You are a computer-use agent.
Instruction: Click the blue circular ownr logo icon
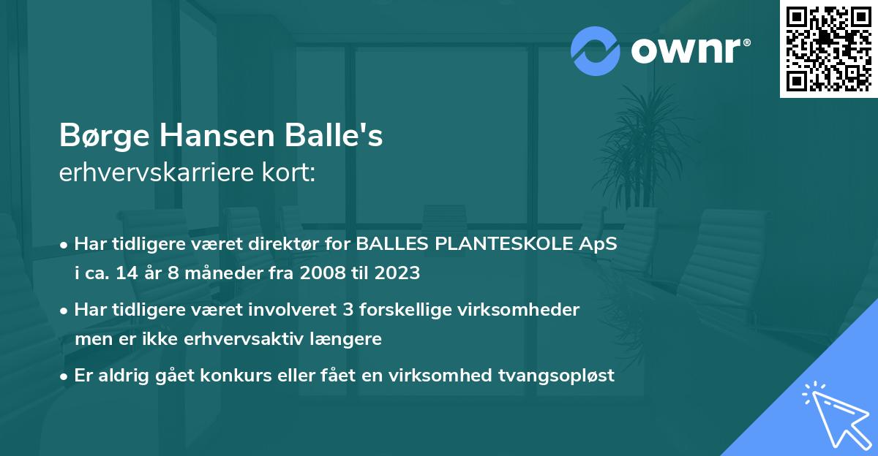pos(596,50)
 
